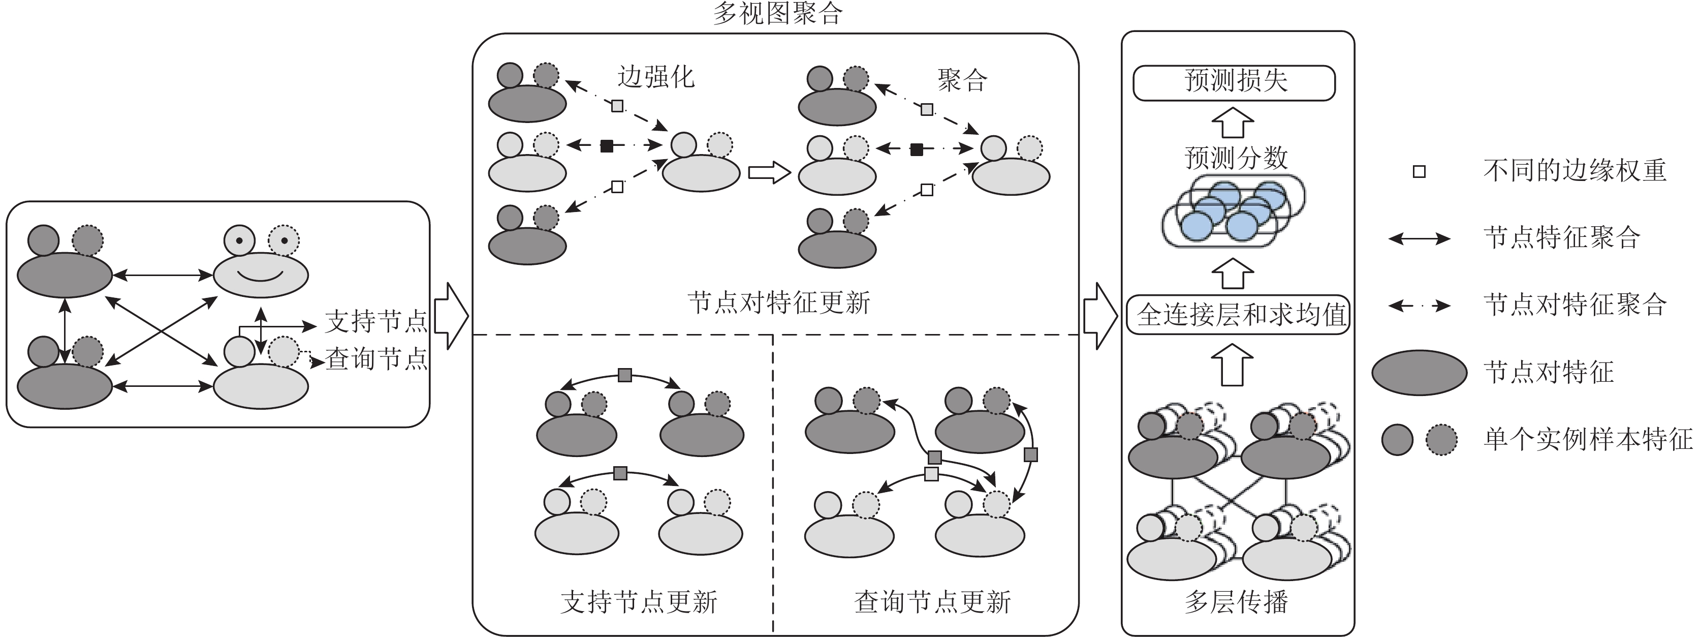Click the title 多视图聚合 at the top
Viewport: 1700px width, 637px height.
tap(777, 13)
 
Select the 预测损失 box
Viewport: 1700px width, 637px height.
tap(1234, 82)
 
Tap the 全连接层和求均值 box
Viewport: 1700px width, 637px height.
tap(1238, 315)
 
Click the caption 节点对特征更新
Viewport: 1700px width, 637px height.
tap(779, 303)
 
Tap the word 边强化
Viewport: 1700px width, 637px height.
tap(655, 77)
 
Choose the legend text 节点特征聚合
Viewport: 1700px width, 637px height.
tap(1561, 237)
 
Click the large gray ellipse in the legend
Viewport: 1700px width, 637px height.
tap(1419, 372)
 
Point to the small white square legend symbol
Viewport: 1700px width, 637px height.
tap(1419, 172)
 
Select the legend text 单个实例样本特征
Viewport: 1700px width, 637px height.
tap(1588, 439)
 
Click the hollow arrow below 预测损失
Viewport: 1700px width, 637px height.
tap(1233, 124)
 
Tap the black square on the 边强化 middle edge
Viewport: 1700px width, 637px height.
tap(607, 146)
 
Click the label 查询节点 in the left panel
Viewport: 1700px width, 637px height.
tap(376, 359)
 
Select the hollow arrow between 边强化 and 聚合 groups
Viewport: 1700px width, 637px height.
tap(769, 173)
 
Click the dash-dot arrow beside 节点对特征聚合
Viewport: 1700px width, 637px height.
tap(1419, 305)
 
